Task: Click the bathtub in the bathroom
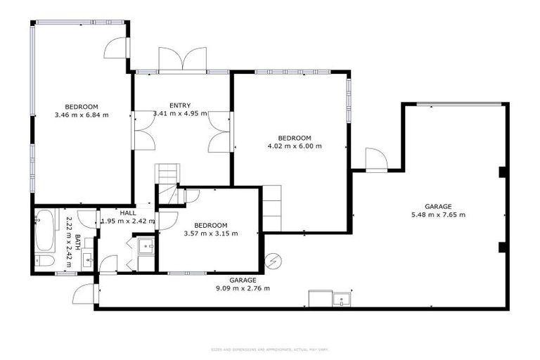(x=44, y=231)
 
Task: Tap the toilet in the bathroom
(x=44, y=261)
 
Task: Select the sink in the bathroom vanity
(x=87, y=259)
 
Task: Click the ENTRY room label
(x=180, y=105)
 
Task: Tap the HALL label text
(x=128, y=212)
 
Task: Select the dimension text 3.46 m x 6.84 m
(x=82, y=115)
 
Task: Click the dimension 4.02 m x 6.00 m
(x=295, y=146)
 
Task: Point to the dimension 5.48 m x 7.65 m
(x=438, y=215)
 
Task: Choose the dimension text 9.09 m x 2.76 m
(x=243, y=288)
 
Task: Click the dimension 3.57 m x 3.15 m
(x=210, y=233)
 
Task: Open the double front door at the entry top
(x=182, y=59)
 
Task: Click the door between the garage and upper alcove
(x=376, y=160)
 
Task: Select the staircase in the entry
(x=167, y=181)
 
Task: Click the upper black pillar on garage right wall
(x=502, y=172)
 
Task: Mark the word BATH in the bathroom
(x=78, y=242)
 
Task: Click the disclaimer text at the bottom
(x=269, y=349)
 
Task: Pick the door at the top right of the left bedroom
(x=116, y=48)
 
